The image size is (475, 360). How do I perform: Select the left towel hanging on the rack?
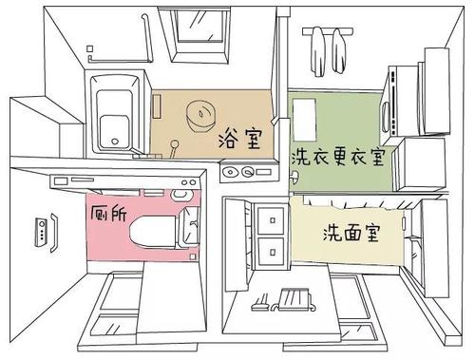(x=316, y=43)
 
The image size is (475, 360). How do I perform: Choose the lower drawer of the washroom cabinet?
(x=272, y=253)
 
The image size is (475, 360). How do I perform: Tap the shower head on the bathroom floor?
(x=177, y=144)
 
